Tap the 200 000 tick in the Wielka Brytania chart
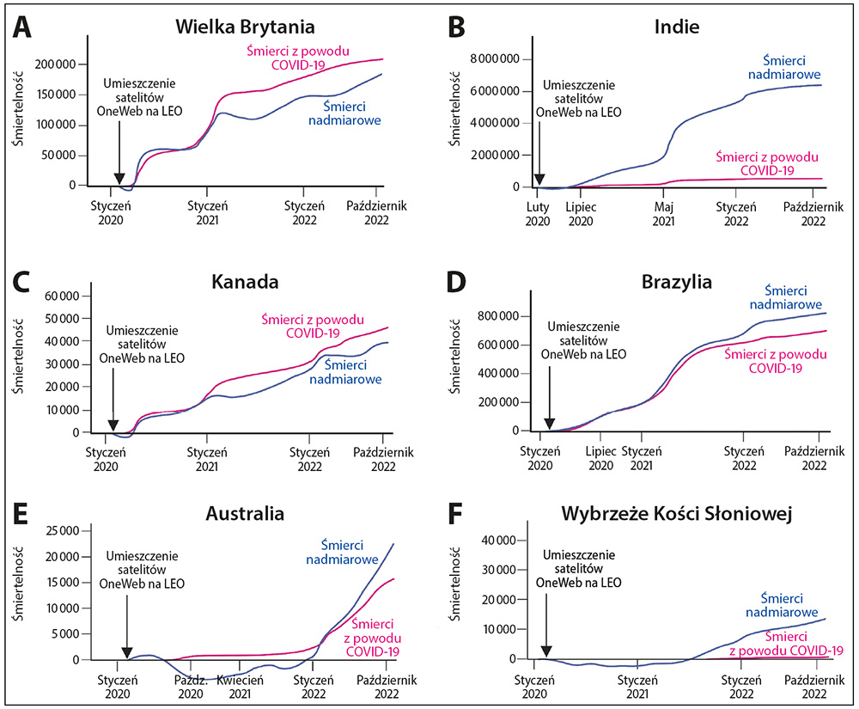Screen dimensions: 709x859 click(x=57, y=64)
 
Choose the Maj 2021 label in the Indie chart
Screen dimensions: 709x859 click(x=664, y=213)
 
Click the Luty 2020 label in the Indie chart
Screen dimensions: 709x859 click(x=538, y=213)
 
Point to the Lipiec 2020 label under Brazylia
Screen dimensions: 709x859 click(x=601, y=456)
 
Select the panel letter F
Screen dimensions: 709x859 click(x=456, y=514)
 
